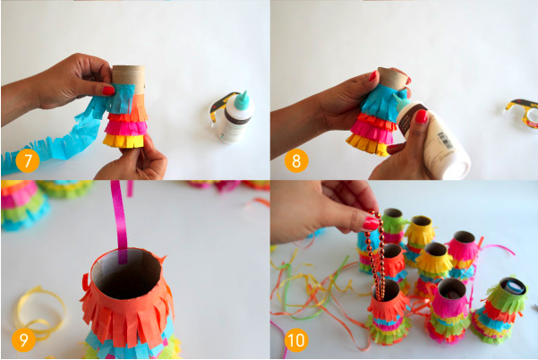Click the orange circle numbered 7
tap(28, 160)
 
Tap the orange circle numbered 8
tap(296, 160)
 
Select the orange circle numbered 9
tap(23, 339)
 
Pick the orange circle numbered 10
tap(296, 339)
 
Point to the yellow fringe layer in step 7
tap(124, 141)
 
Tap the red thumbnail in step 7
tap(108, 90)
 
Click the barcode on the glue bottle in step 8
tap(446, 141)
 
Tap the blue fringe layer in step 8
tap(382, 100)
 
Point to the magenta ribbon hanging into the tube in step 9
tap(120, 221)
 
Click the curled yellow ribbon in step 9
tap(38, 313)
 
